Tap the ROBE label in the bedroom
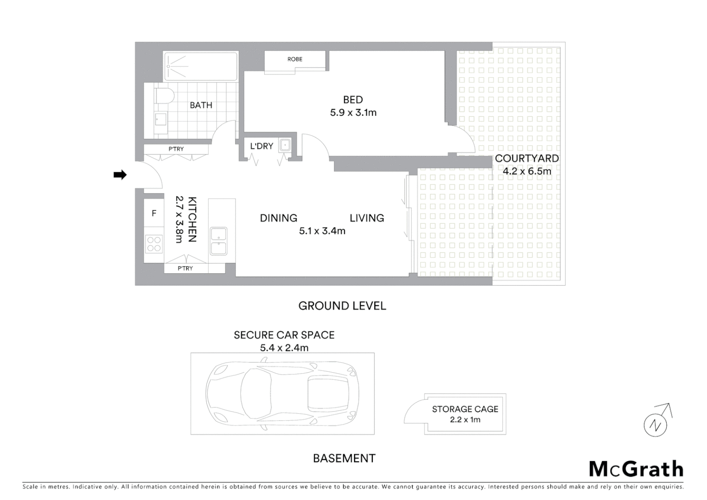pos(295,59)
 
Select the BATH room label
pos(201,105)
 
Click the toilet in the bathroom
pos(164,96)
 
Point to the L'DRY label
pos(261,146)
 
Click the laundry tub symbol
pos(285,145)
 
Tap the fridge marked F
pos(154,213)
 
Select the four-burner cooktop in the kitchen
pos(154,244)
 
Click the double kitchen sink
pos(218,241)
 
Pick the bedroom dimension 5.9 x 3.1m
pos(353,112)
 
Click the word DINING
pos(279,218)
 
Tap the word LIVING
pos(367,218)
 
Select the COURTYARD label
pos(527,158)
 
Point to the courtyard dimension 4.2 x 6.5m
pos(527,171)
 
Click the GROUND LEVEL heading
pos(342,306)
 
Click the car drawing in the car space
pos(282,394)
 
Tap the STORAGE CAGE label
pos(465,409)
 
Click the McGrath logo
pos(636,469)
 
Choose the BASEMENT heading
pos(344,458)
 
